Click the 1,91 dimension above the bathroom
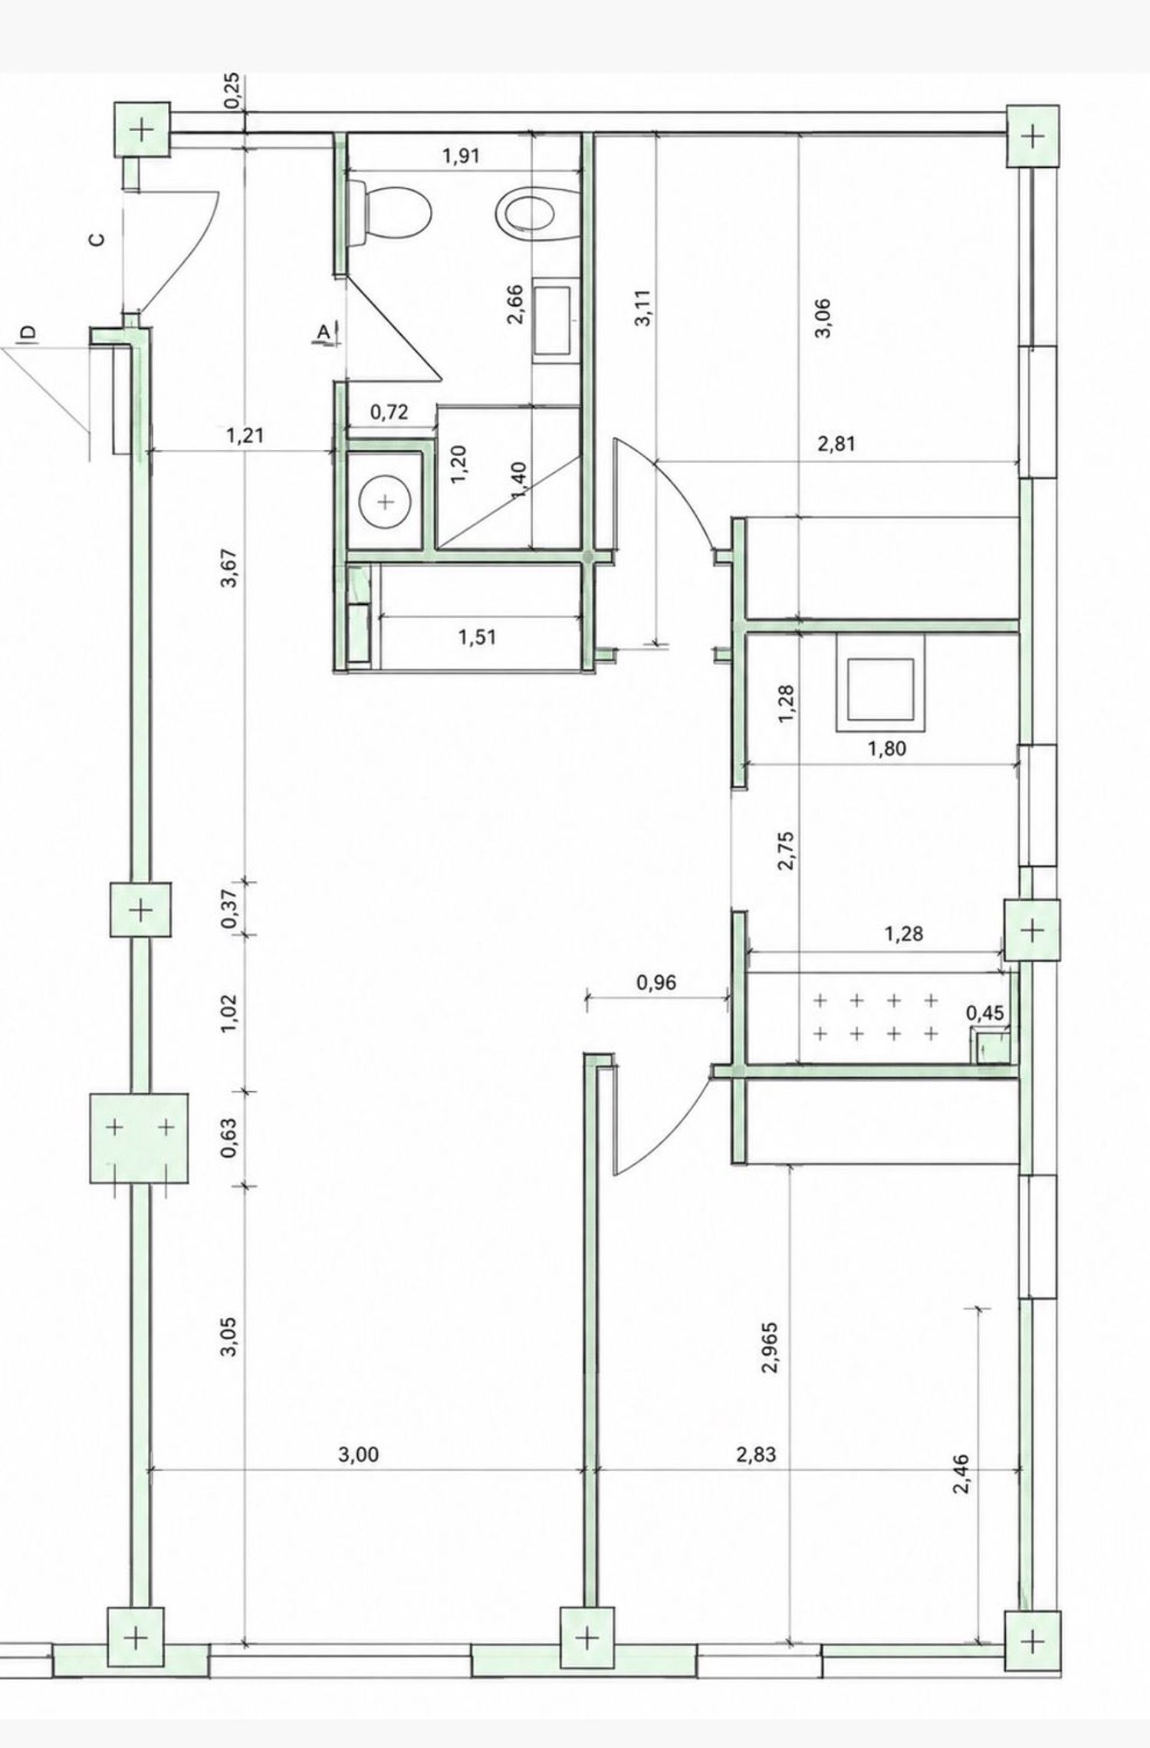(x=461, y=156)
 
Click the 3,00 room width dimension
(x=358, y=1454)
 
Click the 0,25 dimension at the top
(x=234, y=91)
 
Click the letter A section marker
(x=324, y=332)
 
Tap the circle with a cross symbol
(x=386, y=502)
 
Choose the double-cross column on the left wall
(x=140, y=1138)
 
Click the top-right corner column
(x=1033, y=136)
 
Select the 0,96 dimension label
(x=657, y=981)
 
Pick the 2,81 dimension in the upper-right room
(x=836, y=443)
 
